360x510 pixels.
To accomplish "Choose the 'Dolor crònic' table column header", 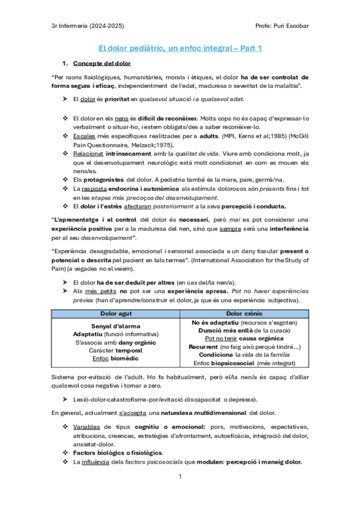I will (x=245, y=314).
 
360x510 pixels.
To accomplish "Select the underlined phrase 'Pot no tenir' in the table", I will (x=222, y=339).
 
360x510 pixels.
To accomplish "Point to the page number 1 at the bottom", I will (x=180, y=477).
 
